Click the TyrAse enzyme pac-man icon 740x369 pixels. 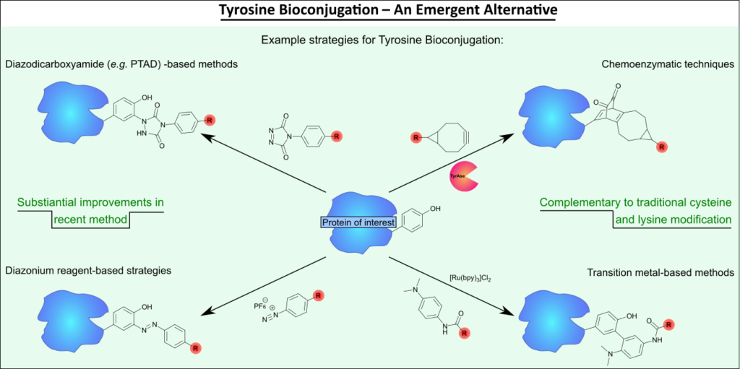click(462, 176)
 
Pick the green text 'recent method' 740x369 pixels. click(90, 220)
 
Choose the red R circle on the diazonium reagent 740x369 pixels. click(318, 296)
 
